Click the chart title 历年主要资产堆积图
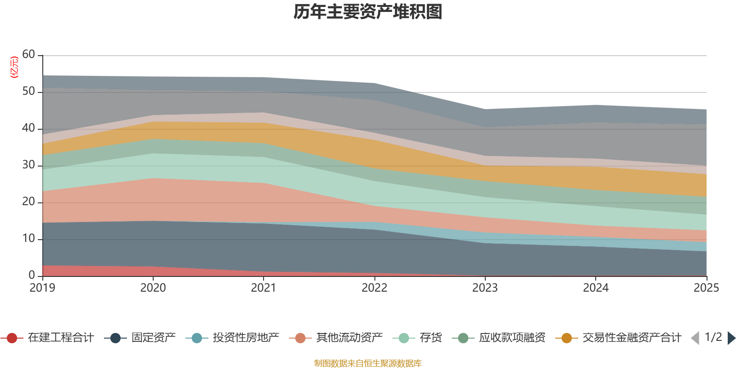coord(368,12)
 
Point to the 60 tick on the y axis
coord(29,55)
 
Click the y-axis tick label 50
coord(29,92)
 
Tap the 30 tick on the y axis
coord(29,165)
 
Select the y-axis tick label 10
coord(29,239)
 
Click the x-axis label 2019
coord(42,288)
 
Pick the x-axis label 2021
coord(264,288)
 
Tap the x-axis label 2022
coord(374,288)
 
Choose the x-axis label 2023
coord(485,288)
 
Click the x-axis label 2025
coord(706,288)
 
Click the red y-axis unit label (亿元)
coord(14,67)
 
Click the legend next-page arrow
coord(731,338)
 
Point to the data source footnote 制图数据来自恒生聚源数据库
coord(368,363)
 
